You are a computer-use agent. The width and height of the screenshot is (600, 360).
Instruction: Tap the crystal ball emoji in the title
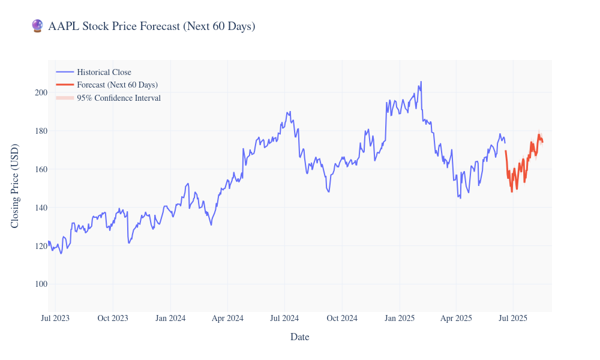[37, 26]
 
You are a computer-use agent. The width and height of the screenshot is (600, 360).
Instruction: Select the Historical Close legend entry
[104, 72]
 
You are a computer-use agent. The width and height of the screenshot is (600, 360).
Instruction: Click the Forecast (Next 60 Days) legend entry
[117, 85]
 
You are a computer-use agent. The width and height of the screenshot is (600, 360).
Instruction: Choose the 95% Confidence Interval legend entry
[118, 98]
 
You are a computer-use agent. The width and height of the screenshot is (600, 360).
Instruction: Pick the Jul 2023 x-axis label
[55, 318]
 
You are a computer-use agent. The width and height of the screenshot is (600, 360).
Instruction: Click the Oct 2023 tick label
[113, 318]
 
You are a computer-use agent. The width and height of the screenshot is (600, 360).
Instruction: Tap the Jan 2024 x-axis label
[170, 318]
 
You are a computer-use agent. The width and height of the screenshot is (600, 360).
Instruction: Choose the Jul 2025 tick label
[512, 318]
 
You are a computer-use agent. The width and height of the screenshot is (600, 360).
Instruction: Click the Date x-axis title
[299, 337]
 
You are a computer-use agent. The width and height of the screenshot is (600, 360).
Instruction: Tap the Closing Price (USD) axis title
[16, 186]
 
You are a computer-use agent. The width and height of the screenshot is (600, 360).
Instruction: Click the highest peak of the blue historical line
[421, 82]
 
